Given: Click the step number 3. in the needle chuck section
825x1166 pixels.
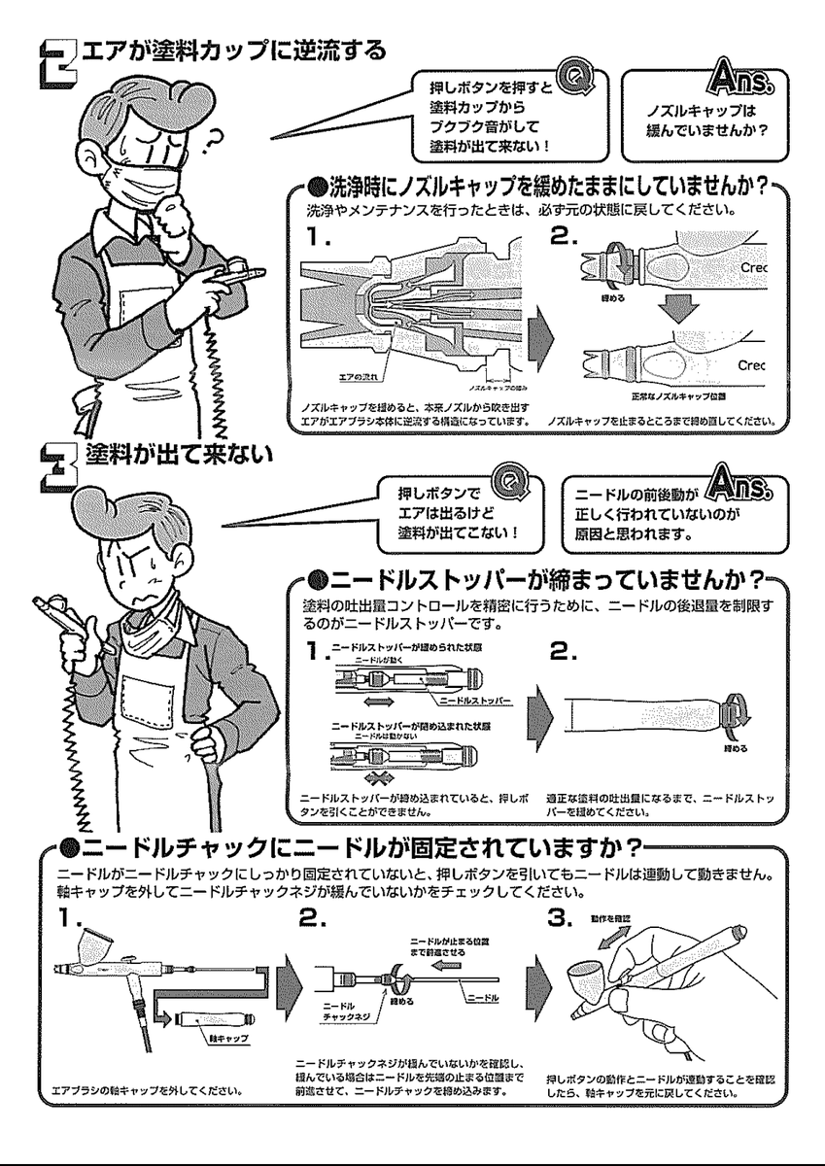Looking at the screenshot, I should point(563,916).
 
